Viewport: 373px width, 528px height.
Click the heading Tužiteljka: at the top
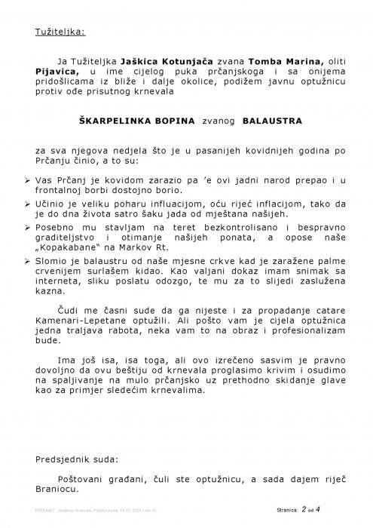pyautogui.click(x=60, y=32)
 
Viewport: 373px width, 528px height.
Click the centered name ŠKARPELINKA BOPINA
pyautogui.click(x=131, y=120)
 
